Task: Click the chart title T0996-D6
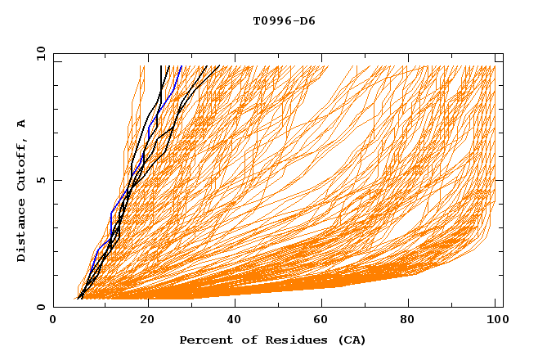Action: pos(284,21)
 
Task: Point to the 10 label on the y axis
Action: pos(38,53)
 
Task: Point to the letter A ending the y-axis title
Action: pos(22,123)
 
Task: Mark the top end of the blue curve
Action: pos(181,65)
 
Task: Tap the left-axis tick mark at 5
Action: pos(56,180)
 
